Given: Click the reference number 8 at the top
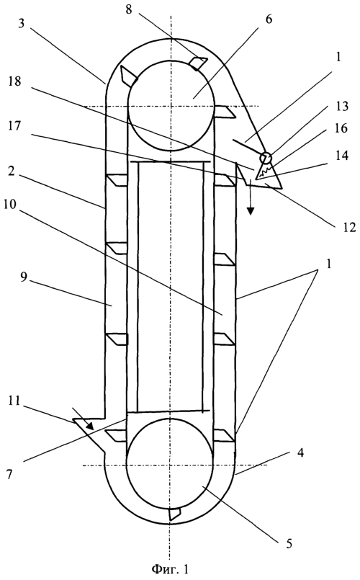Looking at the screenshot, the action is pos(128,9).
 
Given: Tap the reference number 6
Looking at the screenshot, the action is pos(269,19).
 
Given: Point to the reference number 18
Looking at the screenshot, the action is pos(14,81).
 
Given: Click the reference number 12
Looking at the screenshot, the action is pos(348,227).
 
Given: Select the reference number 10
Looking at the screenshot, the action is pos(10,204).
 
